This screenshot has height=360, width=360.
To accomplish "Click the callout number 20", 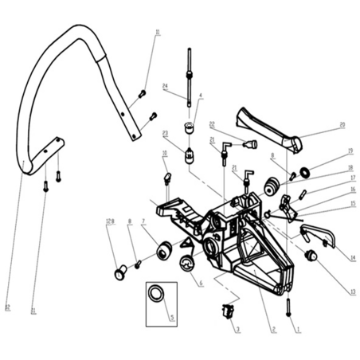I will [342, 125].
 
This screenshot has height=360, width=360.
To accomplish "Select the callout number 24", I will [164, 87].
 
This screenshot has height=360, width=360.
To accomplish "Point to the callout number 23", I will [164, 134].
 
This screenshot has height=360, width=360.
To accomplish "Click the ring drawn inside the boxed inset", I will [158, 293].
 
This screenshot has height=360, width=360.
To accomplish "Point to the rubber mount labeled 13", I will [312, 255].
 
